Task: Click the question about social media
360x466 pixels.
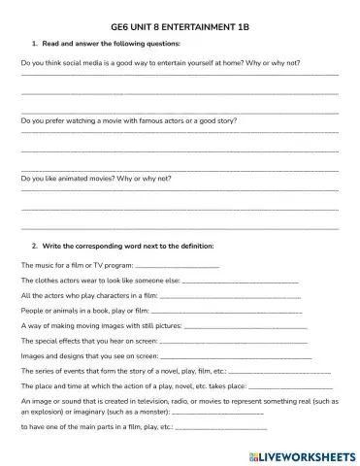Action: pos(160,62)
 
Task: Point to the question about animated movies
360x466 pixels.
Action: pos(96,180)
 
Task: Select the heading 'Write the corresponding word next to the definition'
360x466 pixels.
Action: pos(136,246)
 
